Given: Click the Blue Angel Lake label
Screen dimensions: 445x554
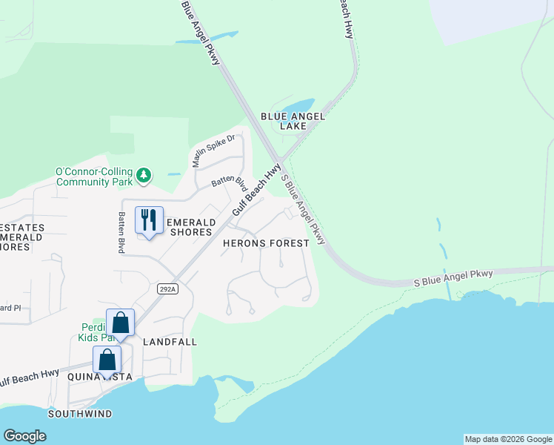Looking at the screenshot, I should pyautogui.click(x=293, y=121).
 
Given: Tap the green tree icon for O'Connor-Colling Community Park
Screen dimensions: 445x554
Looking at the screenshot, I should pyautogui.click(x=144, y=176).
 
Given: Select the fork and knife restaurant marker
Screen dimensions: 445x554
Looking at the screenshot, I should pyautogui.click(x=149, y=220).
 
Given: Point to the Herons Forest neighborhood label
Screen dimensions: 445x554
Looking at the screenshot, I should pyautogui.click(x=267, y=243).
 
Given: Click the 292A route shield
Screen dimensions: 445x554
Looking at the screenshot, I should pyautogui.click(x=167, y=289).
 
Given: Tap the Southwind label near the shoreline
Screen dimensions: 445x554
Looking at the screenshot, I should pyautogui.click(x=80, y=413).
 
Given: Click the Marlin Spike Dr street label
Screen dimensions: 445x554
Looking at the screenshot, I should pyautogui.click(x=214, y=151).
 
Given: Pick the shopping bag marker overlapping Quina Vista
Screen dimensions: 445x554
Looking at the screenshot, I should pyautogui.click(x=107, y=360).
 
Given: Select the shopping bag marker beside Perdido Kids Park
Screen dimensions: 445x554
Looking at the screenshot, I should pyautogui.click(x=121, y=323).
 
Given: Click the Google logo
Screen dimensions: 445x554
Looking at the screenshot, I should pyautogui.click(x=24, y=436).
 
